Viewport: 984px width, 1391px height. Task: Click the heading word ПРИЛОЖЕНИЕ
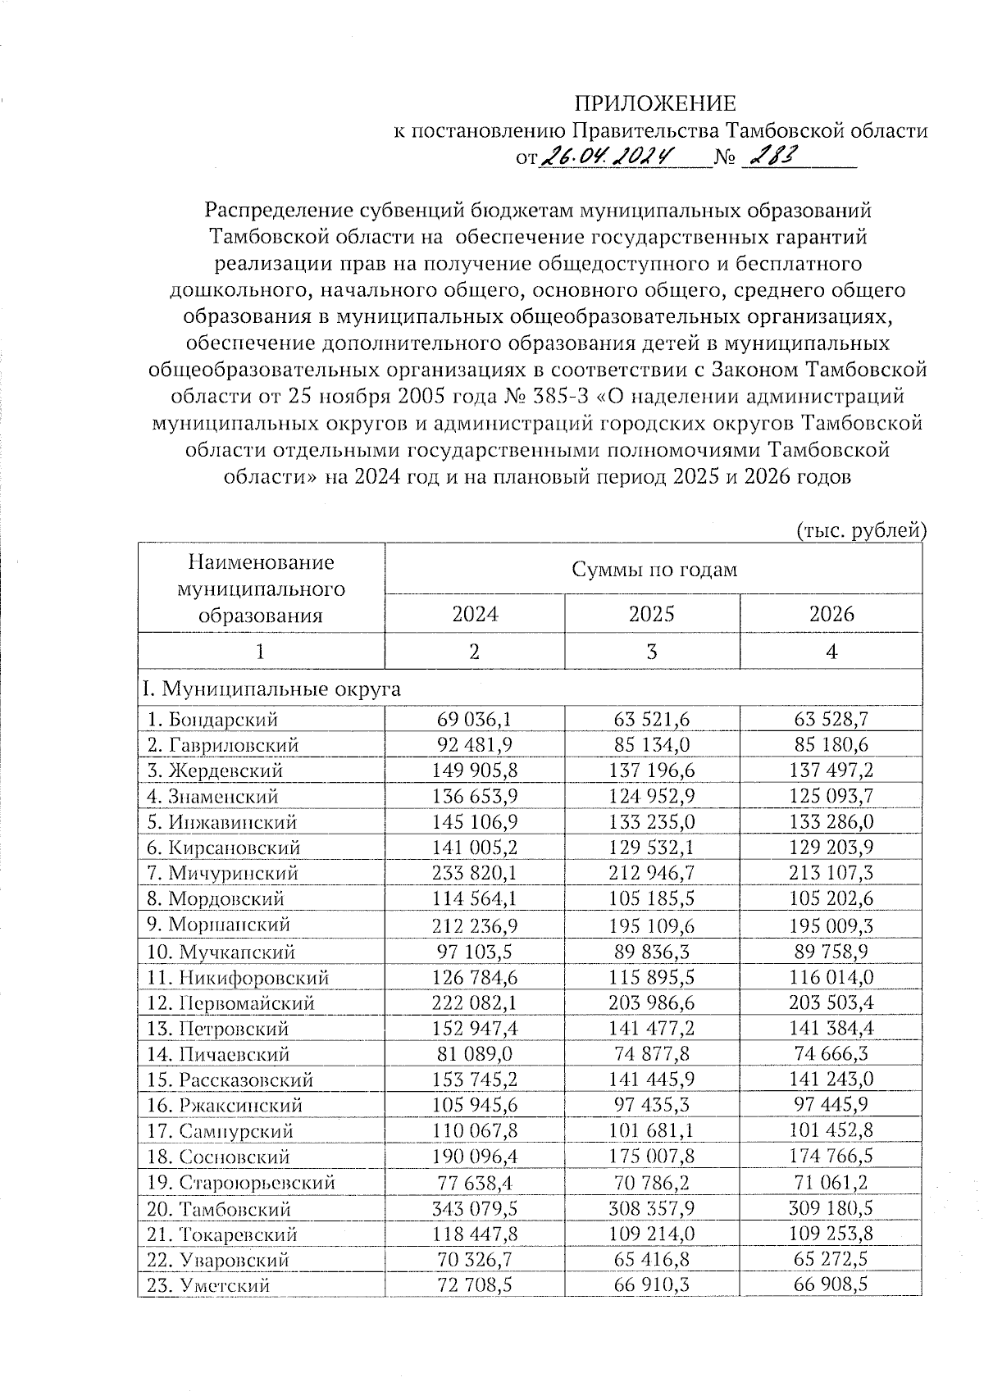pyautogui.click(x=654, y=103)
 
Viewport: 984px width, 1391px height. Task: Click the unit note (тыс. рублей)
pyautogui.click(x=861, y=530)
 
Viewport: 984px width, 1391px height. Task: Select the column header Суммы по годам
pyautogui.click(x=654, y=569)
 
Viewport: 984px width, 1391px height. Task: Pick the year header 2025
pyautogui.click(x=651, y=614)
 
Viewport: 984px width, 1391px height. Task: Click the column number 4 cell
pyautogui.click(x=831, y=652)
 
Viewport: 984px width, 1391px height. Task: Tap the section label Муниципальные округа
pyautogui.click(x=271, y=689)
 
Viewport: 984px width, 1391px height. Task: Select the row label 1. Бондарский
pyautogui.click(x=213, y=720)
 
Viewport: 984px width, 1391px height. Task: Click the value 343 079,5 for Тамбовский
pyautogui.click(x=475, y=1209)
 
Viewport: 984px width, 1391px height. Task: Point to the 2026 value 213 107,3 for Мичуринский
pyautogui.click(x=831, y=873)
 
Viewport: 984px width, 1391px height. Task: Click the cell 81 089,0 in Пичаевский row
pyautogui.click(x=475, y=1054)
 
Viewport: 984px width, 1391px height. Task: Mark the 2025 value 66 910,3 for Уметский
pyautogui.click(x=652, y=1285)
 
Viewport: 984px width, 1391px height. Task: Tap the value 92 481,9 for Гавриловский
pyautogui.click(x=475, y=745)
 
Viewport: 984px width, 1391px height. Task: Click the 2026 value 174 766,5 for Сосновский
pyautogui.click(x=831, y=1157)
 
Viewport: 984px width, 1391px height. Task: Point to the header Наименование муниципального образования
pyautogui.click(x=261, y=589)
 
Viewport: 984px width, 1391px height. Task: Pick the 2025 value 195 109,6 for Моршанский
pyautogui.click(x=652, y=925)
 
